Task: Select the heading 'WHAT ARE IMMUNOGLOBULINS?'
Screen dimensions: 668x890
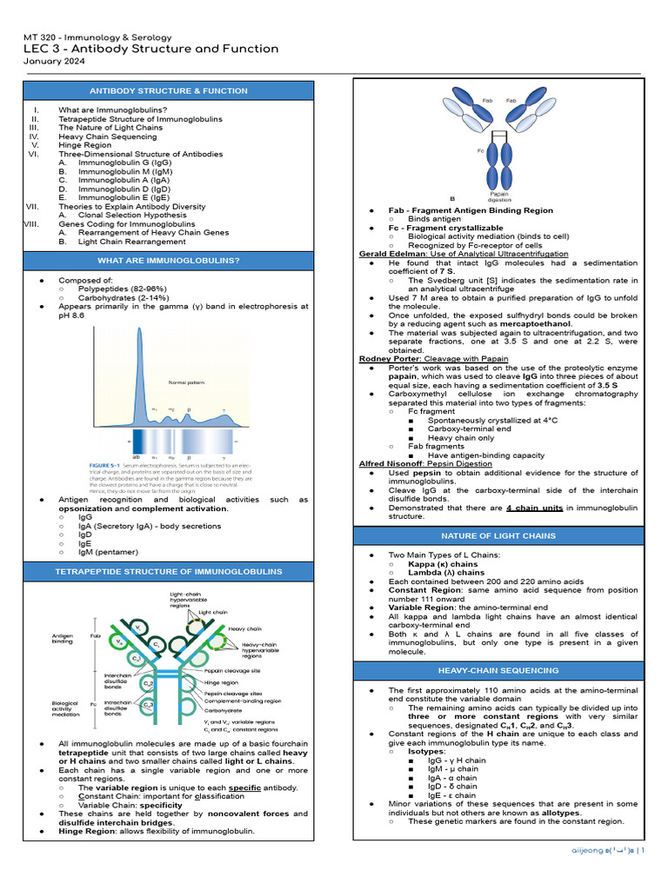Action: coord(169,260)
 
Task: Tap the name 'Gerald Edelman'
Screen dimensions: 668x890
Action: coord(393,253)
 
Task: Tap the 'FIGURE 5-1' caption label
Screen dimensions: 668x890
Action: coord(106,466)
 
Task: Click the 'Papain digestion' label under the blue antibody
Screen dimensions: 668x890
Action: coord(499,196)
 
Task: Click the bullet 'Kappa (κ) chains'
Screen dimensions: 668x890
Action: coord(443,564)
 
